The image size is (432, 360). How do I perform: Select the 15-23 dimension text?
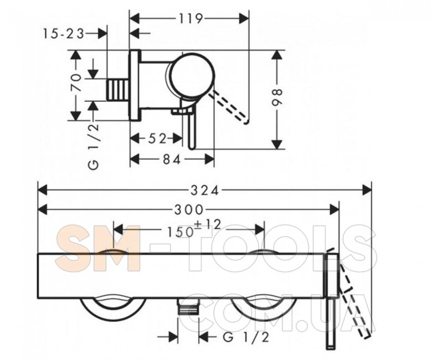[63, 34]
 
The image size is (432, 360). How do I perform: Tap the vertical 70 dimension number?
[76, 83]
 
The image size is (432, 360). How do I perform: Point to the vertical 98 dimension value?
[277, 97]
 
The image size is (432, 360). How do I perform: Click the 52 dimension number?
[158, 138]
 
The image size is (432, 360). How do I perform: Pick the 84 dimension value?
[172, 159]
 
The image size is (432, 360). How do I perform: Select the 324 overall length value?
[204, 191]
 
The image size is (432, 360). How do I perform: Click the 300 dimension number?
[188, 210]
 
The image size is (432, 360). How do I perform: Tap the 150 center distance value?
[179, 232]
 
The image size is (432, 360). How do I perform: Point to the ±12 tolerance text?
[208, 225]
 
